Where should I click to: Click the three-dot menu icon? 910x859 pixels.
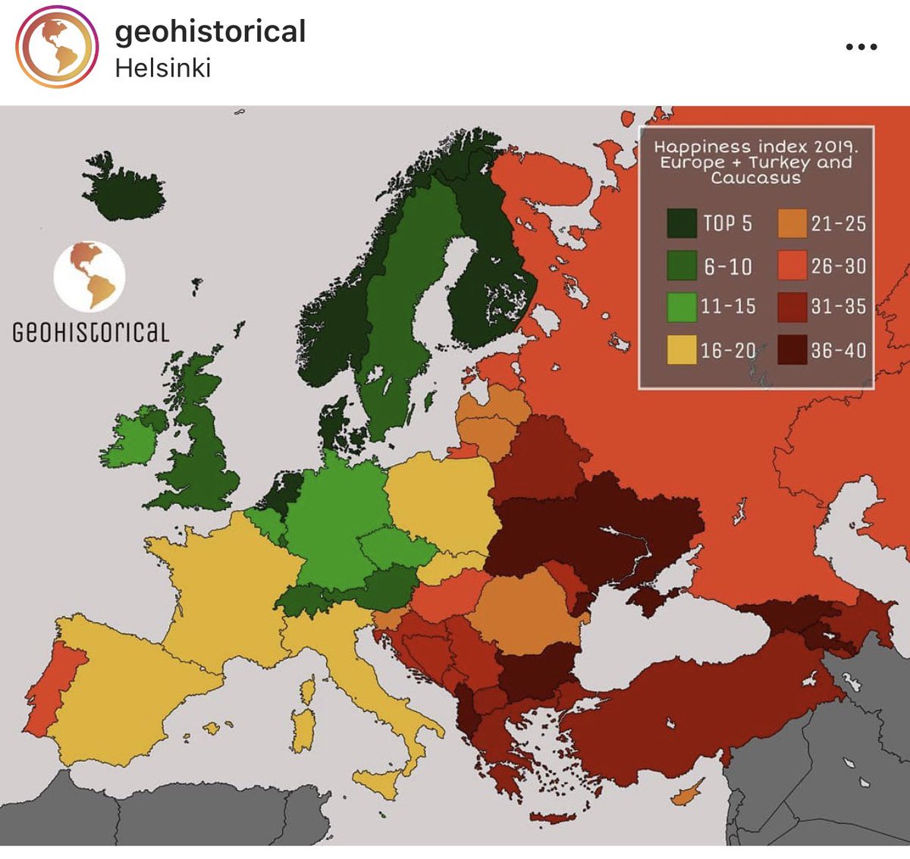(861, 47)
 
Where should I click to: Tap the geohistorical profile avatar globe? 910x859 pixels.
(57, 47)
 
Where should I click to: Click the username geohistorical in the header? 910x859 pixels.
(210, 32)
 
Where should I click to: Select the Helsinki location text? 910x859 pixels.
(162, 68)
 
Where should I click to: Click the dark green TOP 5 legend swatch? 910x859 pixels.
(682, 223)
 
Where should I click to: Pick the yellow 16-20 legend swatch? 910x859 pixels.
(682, 350)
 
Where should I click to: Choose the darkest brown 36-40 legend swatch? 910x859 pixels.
(792, 350)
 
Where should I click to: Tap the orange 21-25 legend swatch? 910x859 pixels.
(792, 223)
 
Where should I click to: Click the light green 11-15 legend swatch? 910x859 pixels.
(682, 306)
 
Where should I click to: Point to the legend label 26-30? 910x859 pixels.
(838, 266)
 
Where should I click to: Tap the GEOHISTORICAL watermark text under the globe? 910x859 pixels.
(90, 332)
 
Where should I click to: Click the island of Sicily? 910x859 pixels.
(379, 781)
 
